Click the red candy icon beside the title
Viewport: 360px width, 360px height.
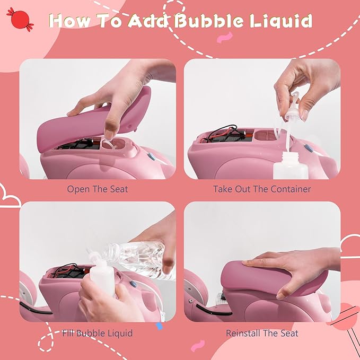(x=20, y=20)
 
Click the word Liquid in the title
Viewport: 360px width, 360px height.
(x=281, y=21)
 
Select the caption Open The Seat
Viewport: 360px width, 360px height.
(x=98, y=189)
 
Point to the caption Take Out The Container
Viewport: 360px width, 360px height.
(x=262, y=189)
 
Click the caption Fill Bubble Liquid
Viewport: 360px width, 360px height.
(x=98, y=333)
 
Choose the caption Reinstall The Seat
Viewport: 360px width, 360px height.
(x=262, y=333)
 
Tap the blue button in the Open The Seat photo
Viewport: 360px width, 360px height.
(x=152, y=156)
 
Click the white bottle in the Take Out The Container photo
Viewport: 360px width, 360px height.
(x=287, y=165)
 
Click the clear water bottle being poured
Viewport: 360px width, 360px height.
(x=138, y=259)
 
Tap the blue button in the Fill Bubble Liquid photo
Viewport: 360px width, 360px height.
(x=134, y=284)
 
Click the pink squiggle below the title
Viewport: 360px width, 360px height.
(x=225, y=37)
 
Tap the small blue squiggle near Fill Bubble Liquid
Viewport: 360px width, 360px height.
(x=160, y=326)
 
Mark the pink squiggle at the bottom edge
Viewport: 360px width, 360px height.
(x=197, y=346)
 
